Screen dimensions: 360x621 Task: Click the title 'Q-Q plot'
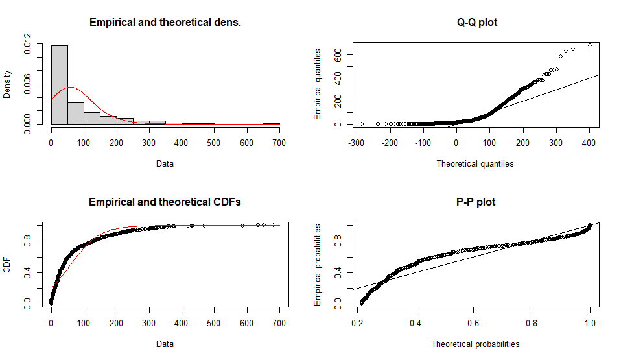click(477, 23)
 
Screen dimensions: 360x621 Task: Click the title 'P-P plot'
click(477, 202)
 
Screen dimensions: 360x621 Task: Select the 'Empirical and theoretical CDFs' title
click(165, 202)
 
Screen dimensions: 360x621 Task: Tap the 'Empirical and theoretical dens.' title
click(165, 23)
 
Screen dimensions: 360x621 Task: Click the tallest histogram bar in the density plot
click(60, 84)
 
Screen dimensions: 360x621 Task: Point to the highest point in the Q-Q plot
click(589, 45)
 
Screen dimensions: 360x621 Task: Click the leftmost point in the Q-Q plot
click(361, 124)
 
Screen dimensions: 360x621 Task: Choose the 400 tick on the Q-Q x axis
click(589, 143)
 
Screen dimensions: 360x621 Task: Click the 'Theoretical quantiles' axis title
click(475, 164)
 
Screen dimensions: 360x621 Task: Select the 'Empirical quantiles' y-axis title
click(318, 84)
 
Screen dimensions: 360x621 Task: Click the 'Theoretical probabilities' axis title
click(475, 344)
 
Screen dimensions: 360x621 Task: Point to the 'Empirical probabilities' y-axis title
click(318, 265)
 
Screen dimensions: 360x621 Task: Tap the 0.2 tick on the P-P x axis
click(357, 322)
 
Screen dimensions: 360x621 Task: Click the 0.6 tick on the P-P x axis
click(473, 322)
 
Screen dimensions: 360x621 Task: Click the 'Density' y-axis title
click(7, 84)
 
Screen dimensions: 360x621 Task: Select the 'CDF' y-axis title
click(7, 265)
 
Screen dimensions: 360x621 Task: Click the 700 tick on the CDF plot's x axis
click(279, 322)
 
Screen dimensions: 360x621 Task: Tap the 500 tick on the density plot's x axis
click(214, 143)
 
